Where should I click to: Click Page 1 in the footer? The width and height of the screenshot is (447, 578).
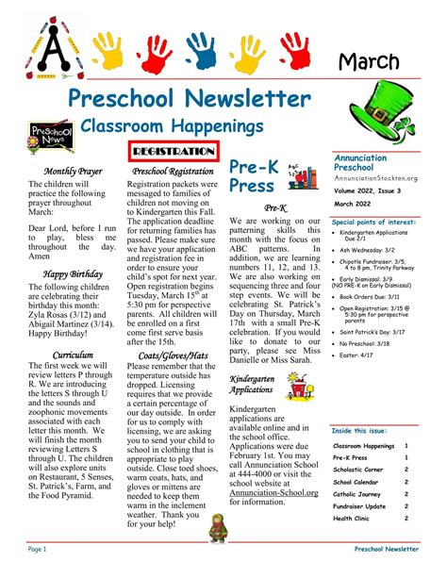point(37,548)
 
